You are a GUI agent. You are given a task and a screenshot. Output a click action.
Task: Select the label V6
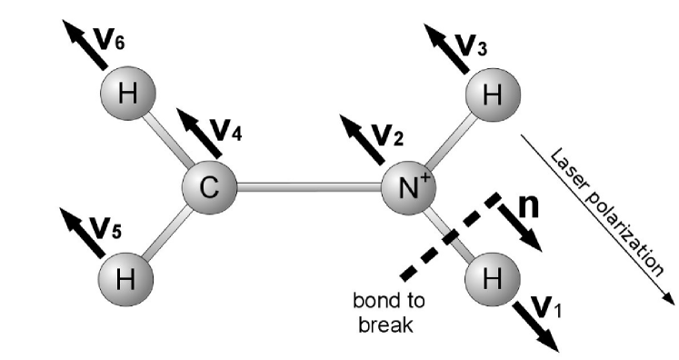[x=109, y=39]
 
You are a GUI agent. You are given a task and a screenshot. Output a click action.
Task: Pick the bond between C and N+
[x=309, y=187]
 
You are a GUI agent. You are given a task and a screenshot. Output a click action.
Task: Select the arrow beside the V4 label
[x=194, y=130]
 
